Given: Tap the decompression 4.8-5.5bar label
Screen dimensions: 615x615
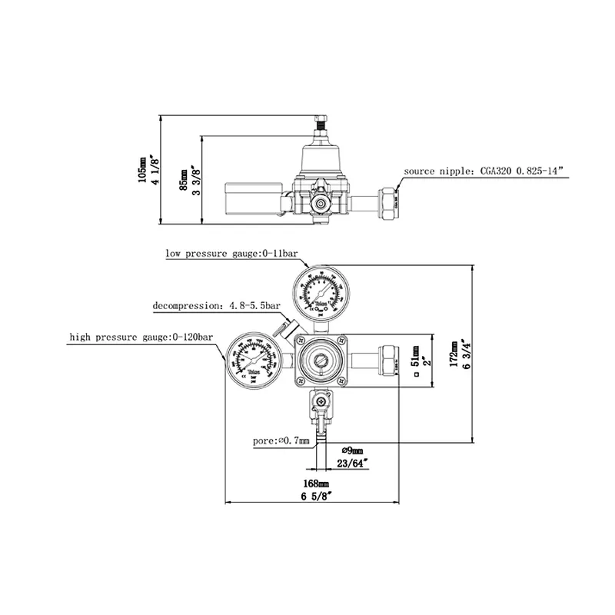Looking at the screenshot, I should point(217,305).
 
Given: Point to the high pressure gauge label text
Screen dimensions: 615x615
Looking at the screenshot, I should point(141,337).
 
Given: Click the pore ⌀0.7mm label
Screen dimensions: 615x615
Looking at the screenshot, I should point(281,441).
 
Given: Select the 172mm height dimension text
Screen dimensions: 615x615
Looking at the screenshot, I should point(454,354).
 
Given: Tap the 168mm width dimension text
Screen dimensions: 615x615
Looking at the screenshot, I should point(316,484).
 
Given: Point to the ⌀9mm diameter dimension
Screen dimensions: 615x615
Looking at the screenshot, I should point(351,450).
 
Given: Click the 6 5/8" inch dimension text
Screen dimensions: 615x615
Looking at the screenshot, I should point(316,497).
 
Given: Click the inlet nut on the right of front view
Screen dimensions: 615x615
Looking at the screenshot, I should point(389,361).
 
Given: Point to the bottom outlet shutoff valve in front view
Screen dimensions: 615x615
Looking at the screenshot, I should point(318,404).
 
